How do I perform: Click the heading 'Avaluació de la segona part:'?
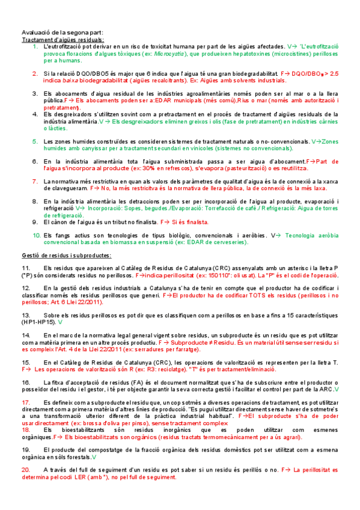pyautogui.click(x=63, y=32)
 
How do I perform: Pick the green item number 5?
pyautogui.click(x=35, y=141)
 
